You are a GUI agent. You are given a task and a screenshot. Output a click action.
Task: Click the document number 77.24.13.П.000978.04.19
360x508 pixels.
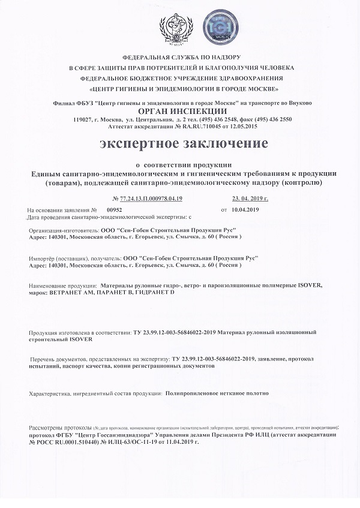click(146, 198)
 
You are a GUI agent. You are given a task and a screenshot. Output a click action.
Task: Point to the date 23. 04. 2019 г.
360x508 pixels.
click(250, 198)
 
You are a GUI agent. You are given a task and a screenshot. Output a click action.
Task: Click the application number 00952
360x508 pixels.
click(114, 210)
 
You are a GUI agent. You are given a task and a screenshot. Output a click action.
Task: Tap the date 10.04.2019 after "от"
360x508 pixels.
click(243, 210)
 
